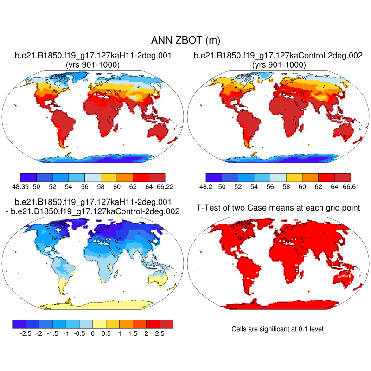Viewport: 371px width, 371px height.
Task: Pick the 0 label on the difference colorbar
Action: [93, 333]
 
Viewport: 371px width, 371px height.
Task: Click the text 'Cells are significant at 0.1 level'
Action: [277, 329]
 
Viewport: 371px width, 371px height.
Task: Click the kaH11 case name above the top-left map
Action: [93, 56]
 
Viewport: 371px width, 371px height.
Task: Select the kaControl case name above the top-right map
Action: [278, 56]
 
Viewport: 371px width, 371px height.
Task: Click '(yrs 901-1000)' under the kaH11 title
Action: [93, 64]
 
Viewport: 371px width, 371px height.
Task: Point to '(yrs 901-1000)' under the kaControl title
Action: [278, 64]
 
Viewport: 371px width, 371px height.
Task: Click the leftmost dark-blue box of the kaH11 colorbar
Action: [29, 177]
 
